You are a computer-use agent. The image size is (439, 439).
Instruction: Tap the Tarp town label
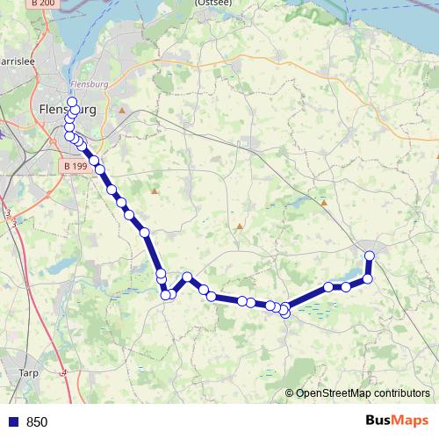coord(28,372)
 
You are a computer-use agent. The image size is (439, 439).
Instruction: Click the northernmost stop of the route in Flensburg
coord(72,102)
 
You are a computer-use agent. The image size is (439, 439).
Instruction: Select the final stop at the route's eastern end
coord(370,255)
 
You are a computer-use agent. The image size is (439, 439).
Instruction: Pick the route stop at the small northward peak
coord(187,277)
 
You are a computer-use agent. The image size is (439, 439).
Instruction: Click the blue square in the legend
coord(12,421)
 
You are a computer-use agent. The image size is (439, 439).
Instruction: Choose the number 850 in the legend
coord(37,421)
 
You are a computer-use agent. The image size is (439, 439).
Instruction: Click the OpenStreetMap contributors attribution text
coord(362,393)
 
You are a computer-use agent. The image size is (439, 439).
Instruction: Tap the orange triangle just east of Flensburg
coord(122,111)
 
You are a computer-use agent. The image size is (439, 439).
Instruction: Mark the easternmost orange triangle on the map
coord(323,203)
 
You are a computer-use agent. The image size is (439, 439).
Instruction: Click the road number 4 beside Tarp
coord(65,372)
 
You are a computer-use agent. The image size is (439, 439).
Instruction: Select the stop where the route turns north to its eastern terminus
coord(368,278)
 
